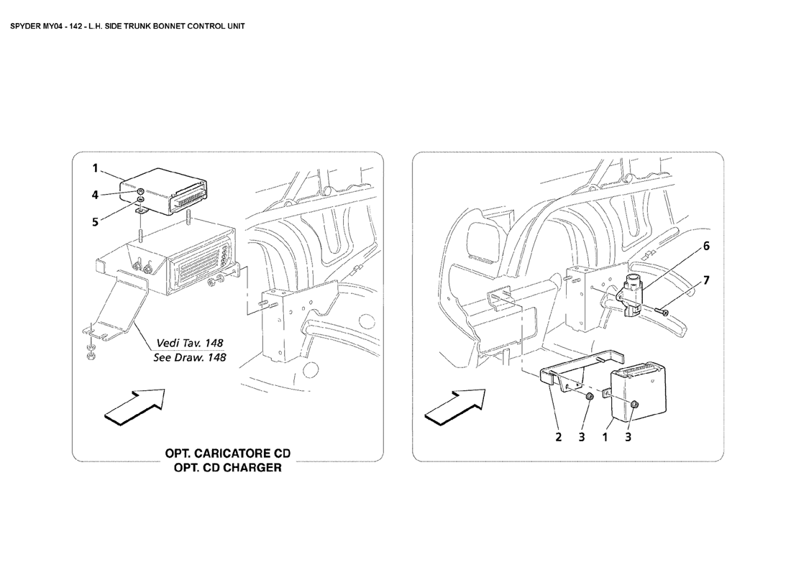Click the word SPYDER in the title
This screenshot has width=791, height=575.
click(x=25, y=26)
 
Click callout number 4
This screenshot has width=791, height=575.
click(x=96, y=194)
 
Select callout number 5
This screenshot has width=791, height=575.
click(x=96, y=222)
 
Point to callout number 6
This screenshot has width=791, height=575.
click(x=706, y=247)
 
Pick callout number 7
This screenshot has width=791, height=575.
click(x=706, y=281)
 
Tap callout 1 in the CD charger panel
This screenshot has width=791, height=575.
click(x=96, y=168)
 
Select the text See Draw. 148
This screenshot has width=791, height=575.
click(x=190, y=357)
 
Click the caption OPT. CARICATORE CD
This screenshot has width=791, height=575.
click(x=227, y=454)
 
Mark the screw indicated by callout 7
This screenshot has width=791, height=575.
click(x=662, y=313)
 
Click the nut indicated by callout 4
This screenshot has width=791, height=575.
click(x=142, y=191)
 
